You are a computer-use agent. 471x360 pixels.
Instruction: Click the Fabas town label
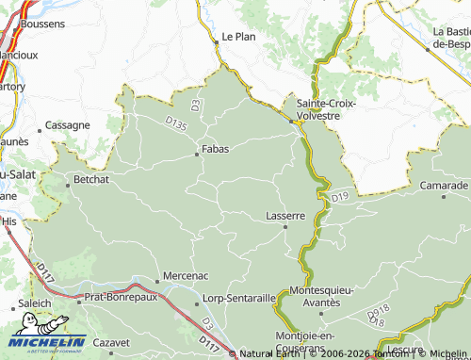point(217,148)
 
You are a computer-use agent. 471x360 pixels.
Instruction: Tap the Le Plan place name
point(238,37)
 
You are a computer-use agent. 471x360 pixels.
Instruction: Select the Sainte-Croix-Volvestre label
point(326,108)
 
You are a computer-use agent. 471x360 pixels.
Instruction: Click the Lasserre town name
point(285,215)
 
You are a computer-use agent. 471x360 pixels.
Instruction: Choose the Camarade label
point(444,185)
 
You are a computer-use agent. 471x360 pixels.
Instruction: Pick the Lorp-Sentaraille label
point(240,297)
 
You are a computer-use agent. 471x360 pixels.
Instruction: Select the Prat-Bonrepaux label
point(122,297)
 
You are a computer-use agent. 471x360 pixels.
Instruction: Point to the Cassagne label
point(68,124)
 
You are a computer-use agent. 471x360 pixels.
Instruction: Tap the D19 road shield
point(339,197)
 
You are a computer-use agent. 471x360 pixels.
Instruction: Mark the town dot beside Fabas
point(197,153)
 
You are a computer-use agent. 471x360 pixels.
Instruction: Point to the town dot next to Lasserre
point(285,226)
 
